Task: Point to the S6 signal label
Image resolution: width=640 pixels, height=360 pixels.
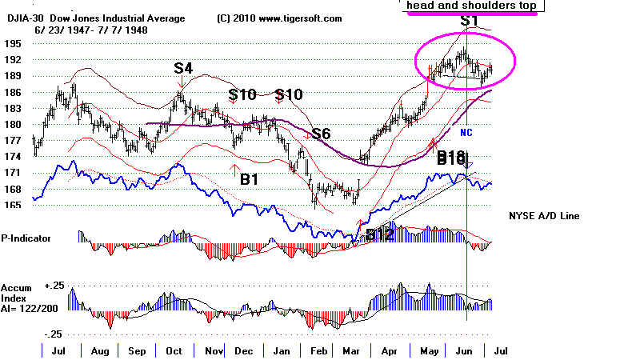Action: [x=321, y=134]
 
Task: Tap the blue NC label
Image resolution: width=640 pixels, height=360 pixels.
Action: [x=468, y=132]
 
